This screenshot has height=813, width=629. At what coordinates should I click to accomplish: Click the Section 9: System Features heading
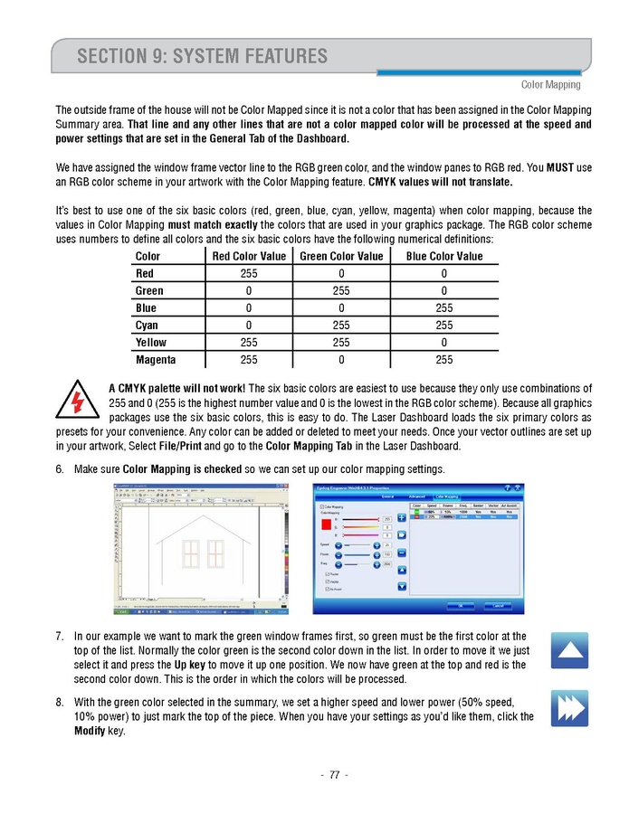pos(203,57)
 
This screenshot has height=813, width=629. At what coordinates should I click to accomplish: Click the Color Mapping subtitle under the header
pos(550,85)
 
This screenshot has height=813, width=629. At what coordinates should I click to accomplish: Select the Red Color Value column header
pos(248,256)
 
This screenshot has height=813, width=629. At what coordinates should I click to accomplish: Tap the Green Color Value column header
pos(340,256)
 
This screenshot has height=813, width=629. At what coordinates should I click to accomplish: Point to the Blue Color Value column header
pos(443,256)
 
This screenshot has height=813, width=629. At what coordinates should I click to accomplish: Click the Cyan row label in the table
pos(147,326)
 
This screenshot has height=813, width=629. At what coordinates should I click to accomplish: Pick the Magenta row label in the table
pos(155,360)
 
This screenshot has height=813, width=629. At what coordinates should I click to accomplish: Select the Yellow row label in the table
pos(151,343)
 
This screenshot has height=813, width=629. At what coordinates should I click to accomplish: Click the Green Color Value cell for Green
pos(340,291)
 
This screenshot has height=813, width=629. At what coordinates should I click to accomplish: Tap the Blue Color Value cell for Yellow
pos(443,343)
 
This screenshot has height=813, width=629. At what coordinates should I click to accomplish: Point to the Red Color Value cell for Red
pos(248,274)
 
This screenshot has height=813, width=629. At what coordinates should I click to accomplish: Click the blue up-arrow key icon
pos(569,650)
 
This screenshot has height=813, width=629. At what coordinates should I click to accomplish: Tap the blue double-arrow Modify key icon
pos(569,708)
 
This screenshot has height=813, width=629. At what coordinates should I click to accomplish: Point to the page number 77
pos(334,774)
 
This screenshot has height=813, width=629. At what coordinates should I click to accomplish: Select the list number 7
pos(60,637)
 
